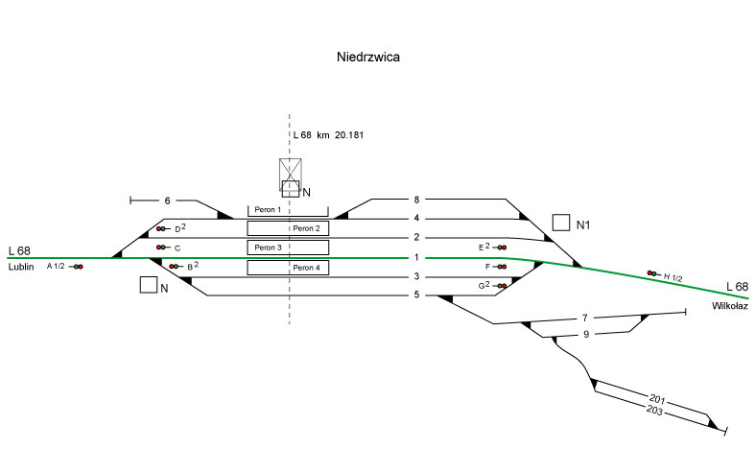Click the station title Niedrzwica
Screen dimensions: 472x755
[x=368, y=58]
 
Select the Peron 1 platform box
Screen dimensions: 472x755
[x=269, y=209]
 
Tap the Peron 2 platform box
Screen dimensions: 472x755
[x=288, y=228]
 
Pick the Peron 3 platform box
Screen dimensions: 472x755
[x=288, y=248]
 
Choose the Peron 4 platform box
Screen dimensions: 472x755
[x=288, y=267]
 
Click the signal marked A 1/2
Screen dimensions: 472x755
[x=78, y=266]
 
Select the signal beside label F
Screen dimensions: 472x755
[x=501, y=267]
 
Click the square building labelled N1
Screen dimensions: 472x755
[x=562, y=223]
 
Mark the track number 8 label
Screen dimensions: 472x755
[x=416, y=200]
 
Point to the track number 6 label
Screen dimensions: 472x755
[x=167, y=201]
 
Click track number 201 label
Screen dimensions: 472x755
[x=657, y=398]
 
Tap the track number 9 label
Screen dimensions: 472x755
[x=585, y=334]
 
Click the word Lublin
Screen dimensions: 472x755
[x=22, y=267]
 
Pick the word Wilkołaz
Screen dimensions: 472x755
[x=729, y=306]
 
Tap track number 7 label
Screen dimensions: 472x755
[x=585, y=317]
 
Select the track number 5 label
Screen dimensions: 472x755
[x=417, y=295]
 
